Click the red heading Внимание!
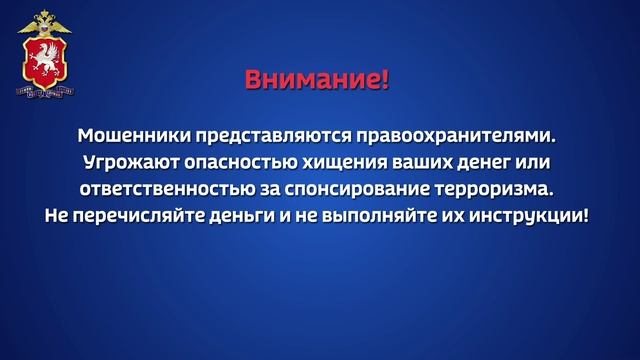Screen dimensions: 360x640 pos(317,79)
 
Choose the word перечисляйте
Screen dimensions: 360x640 pos(136,214)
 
